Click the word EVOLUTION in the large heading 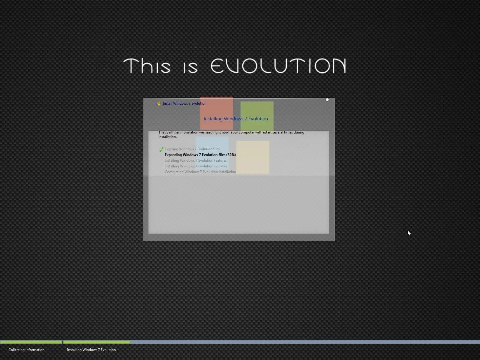point(278,66)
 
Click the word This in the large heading point(147,66)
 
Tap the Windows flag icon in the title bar point(158,103)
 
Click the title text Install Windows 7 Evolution point(184,103)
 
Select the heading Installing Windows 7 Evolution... point(237,119)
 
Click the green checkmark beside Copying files point(161,149)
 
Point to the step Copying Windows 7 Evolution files point(192,149)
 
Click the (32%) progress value point(231,155)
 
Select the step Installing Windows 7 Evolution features point(196,160)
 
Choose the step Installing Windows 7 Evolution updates point(196,166)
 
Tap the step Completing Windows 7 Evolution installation point(200,172)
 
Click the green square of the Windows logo point(257,116)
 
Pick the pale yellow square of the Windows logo point(253,157)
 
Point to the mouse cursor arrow point(409,233)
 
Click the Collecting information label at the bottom point(26,350)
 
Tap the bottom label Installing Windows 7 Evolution point(91,350)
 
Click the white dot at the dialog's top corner point(327,100)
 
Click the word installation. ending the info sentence point(167,137)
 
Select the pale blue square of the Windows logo point(212,151)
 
